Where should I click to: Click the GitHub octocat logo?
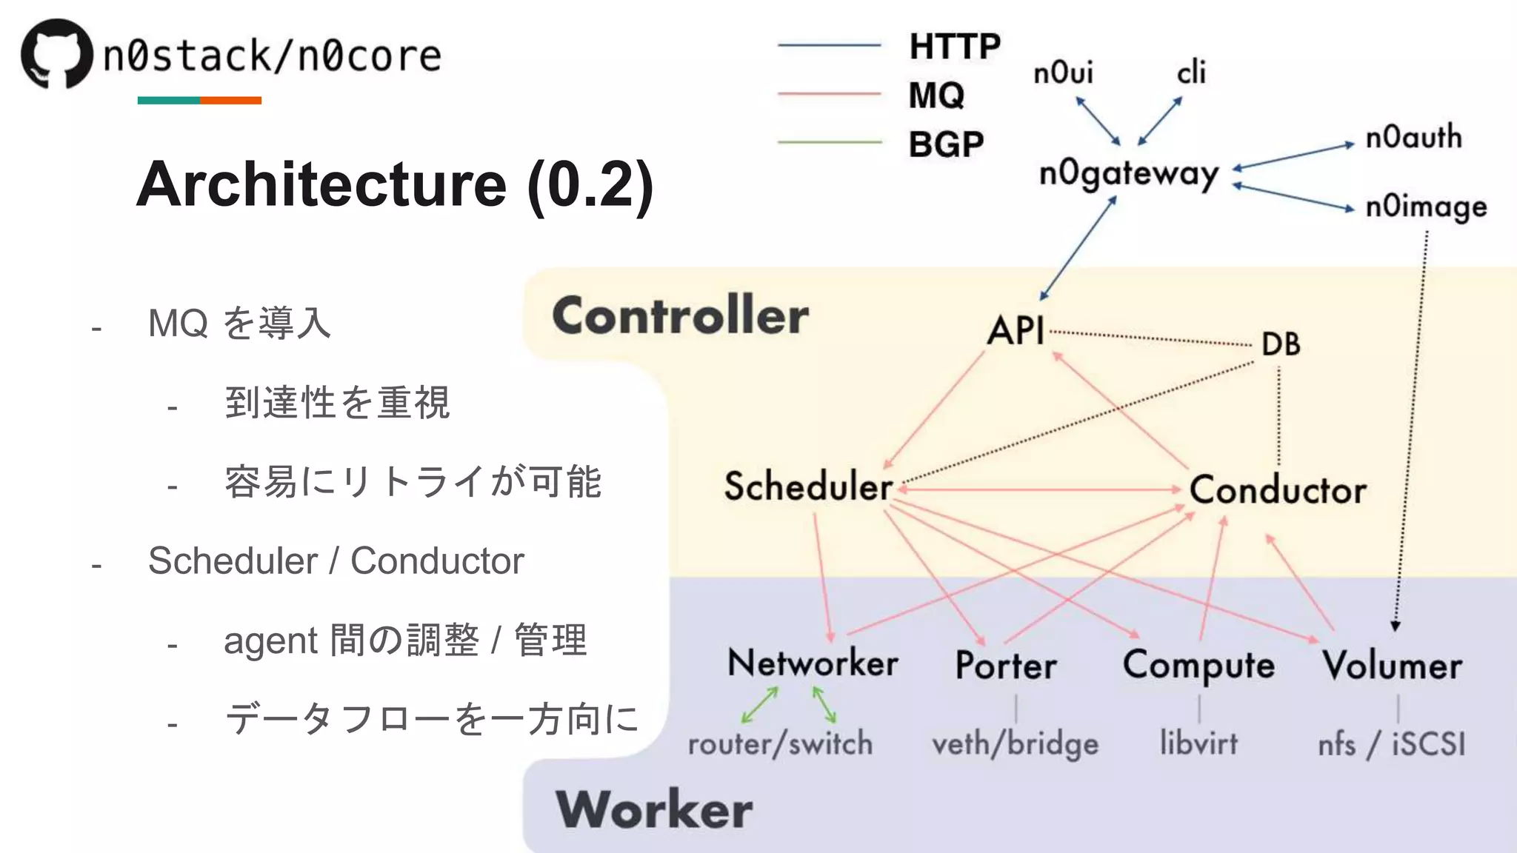[x=57, y=53]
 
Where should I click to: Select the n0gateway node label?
[x=1129, y=175]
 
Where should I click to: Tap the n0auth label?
[x=1413, y=138]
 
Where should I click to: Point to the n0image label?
[x=1426, y=207]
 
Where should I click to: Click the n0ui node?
[x=1063, y=73]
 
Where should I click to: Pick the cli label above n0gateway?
[x=1191, y=73]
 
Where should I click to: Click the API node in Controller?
[x=1016, y=330]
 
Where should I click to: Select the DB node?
[x=1281, y=344]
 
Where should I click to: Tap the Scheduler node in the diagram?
[x=808, y=486]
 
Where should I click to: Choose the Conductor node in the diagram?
[x=1278, y=490]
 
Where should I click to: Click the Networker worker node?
[x=813, y=663]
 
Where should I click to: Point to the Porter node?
[x=1006, y=665]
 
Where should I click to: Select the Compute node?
[x=1198, y=665]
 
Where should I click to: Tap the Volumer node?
[x=1392, y=665]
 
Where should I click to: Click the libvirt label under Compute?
[x=1198, y=743]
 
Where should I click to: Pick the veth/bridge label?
[x=1015, y=743]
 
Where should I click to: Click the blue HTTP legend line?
[x=829, y=46]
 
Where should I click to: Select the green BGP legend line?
[x=829, y=142]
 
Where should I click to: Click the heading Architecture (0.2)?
[x=395, y=184]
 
